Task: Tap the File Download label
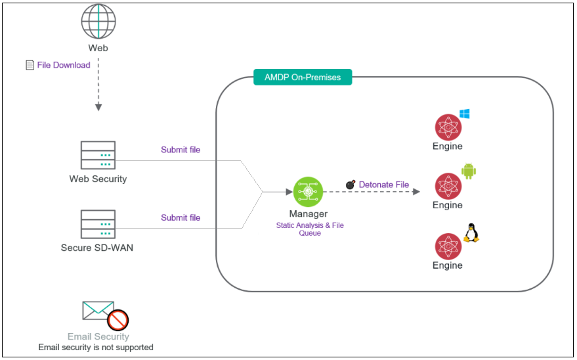[64, 65]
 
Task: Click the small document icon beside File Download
[29, 65]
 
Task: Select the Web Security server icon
[98, 155]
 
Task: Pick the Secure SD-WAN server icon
[98, 224]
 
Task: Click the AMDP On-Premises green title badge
[303, 78]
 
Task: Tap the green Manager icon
[308, 192]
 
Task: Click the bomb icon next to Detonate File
[351, 185]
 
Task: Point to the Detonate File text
[384, 185]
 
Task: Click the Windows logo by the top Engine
[465, 114]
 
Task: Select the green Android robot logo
[469, 172]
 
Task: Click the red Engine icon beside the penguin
[448, 246]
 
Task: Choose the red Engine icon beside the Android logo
[448, 187]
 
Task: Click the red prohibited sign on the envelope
[118, 320]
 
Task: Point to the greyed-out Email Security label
[98, 337]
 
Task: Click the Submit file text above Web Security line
[181, 150]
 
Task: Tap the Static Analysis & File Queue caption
[310, 229]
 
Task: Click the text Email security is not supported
[96, 347]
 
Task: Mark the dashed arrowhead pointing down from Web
[98, 106]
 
